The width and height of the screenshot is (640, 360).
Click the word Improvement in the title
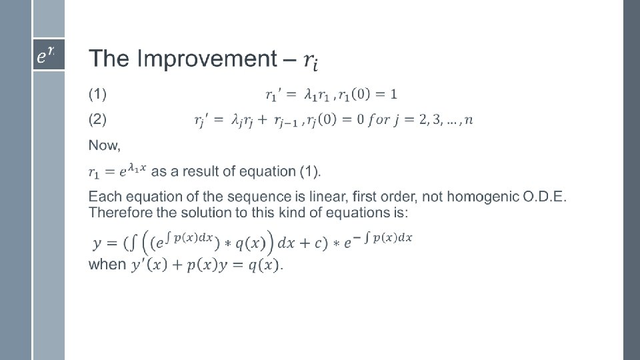[x=207, y=59]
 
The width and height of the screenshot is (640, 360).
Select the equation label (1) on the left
[x=97, y=94]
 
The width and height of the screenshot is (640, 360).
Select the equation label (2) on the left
[x=97, y=119]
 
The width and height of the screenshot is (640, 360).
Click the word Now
[x=105, y=145]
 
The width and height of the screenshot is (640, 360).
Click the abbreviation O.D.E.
[x=545, y=197]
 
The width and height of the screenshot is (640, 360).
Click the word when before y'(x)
[x=107, y=265]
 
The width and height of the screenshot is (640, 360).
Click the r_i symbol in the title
[x=311, y=61]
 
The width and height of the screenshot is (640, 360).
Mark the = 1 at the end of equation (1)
[x=386, y=94]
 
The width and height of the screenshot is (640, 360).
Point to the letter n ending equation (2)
[x=469, y=120]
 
